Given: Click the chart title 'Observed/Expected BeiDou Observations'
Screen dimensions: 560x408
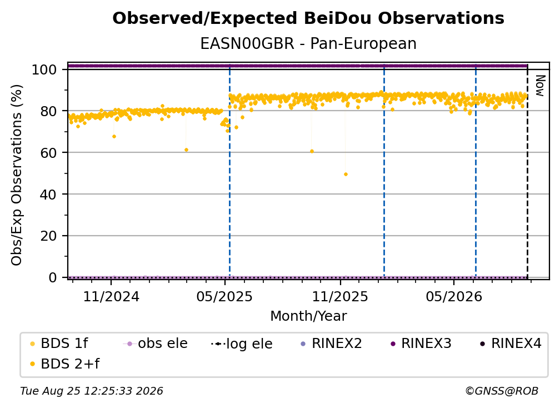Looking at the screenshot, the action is pos(308,18).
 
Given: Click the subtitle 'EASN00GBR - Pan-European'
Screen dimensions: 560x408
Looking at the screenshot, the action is pos(308,43).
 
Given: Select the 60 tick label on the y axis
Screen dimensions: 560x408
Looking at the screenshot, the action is pos(48,152).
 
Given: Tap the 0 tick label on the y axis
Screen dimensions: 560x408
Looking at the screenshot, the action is pos(53,277).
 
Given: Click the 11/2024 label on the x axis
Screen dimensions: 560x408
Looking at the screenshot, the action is pos(111,296).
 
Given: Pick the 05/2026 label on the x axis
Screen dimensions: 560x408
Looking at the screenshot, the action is pos(454,296).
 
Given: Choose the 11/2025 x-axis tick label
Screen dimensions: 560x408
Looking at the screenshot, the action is pos(340,296).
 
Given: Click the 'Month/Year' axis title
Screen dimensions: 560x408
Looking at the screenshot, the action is pos(308,316).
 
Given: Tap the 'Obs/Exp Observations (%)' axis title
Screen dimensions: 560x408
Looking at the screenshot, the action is pos(17,175).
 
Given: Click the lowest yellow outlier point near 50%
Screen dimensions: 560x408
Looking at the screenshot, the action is pos(346,175).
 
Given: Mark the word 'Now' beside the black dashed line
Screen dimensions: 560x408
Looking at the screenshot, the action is pos(540,86).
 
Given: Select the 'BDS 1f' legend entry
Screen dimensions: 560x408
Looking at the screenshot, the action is pos(59,344).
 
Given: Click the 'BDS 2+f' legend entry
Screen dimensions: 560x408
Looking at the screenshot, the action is pos(64,364).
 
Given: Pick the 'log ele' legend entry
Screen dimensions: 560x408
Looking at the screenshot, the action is pos(242,344).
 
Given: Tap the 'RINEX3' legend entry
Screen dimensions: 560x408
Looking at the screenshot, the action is pos(421,344).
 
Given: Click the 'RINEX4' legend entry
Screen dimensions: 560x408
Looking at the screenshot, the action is pos(511,344).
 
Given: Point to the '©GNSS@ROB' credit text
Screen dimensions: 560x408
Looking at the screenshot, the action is pos(502,391).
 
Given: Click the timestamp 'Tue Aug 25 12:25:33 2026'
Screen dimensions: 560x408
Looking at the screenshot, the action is pos(92,391).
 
